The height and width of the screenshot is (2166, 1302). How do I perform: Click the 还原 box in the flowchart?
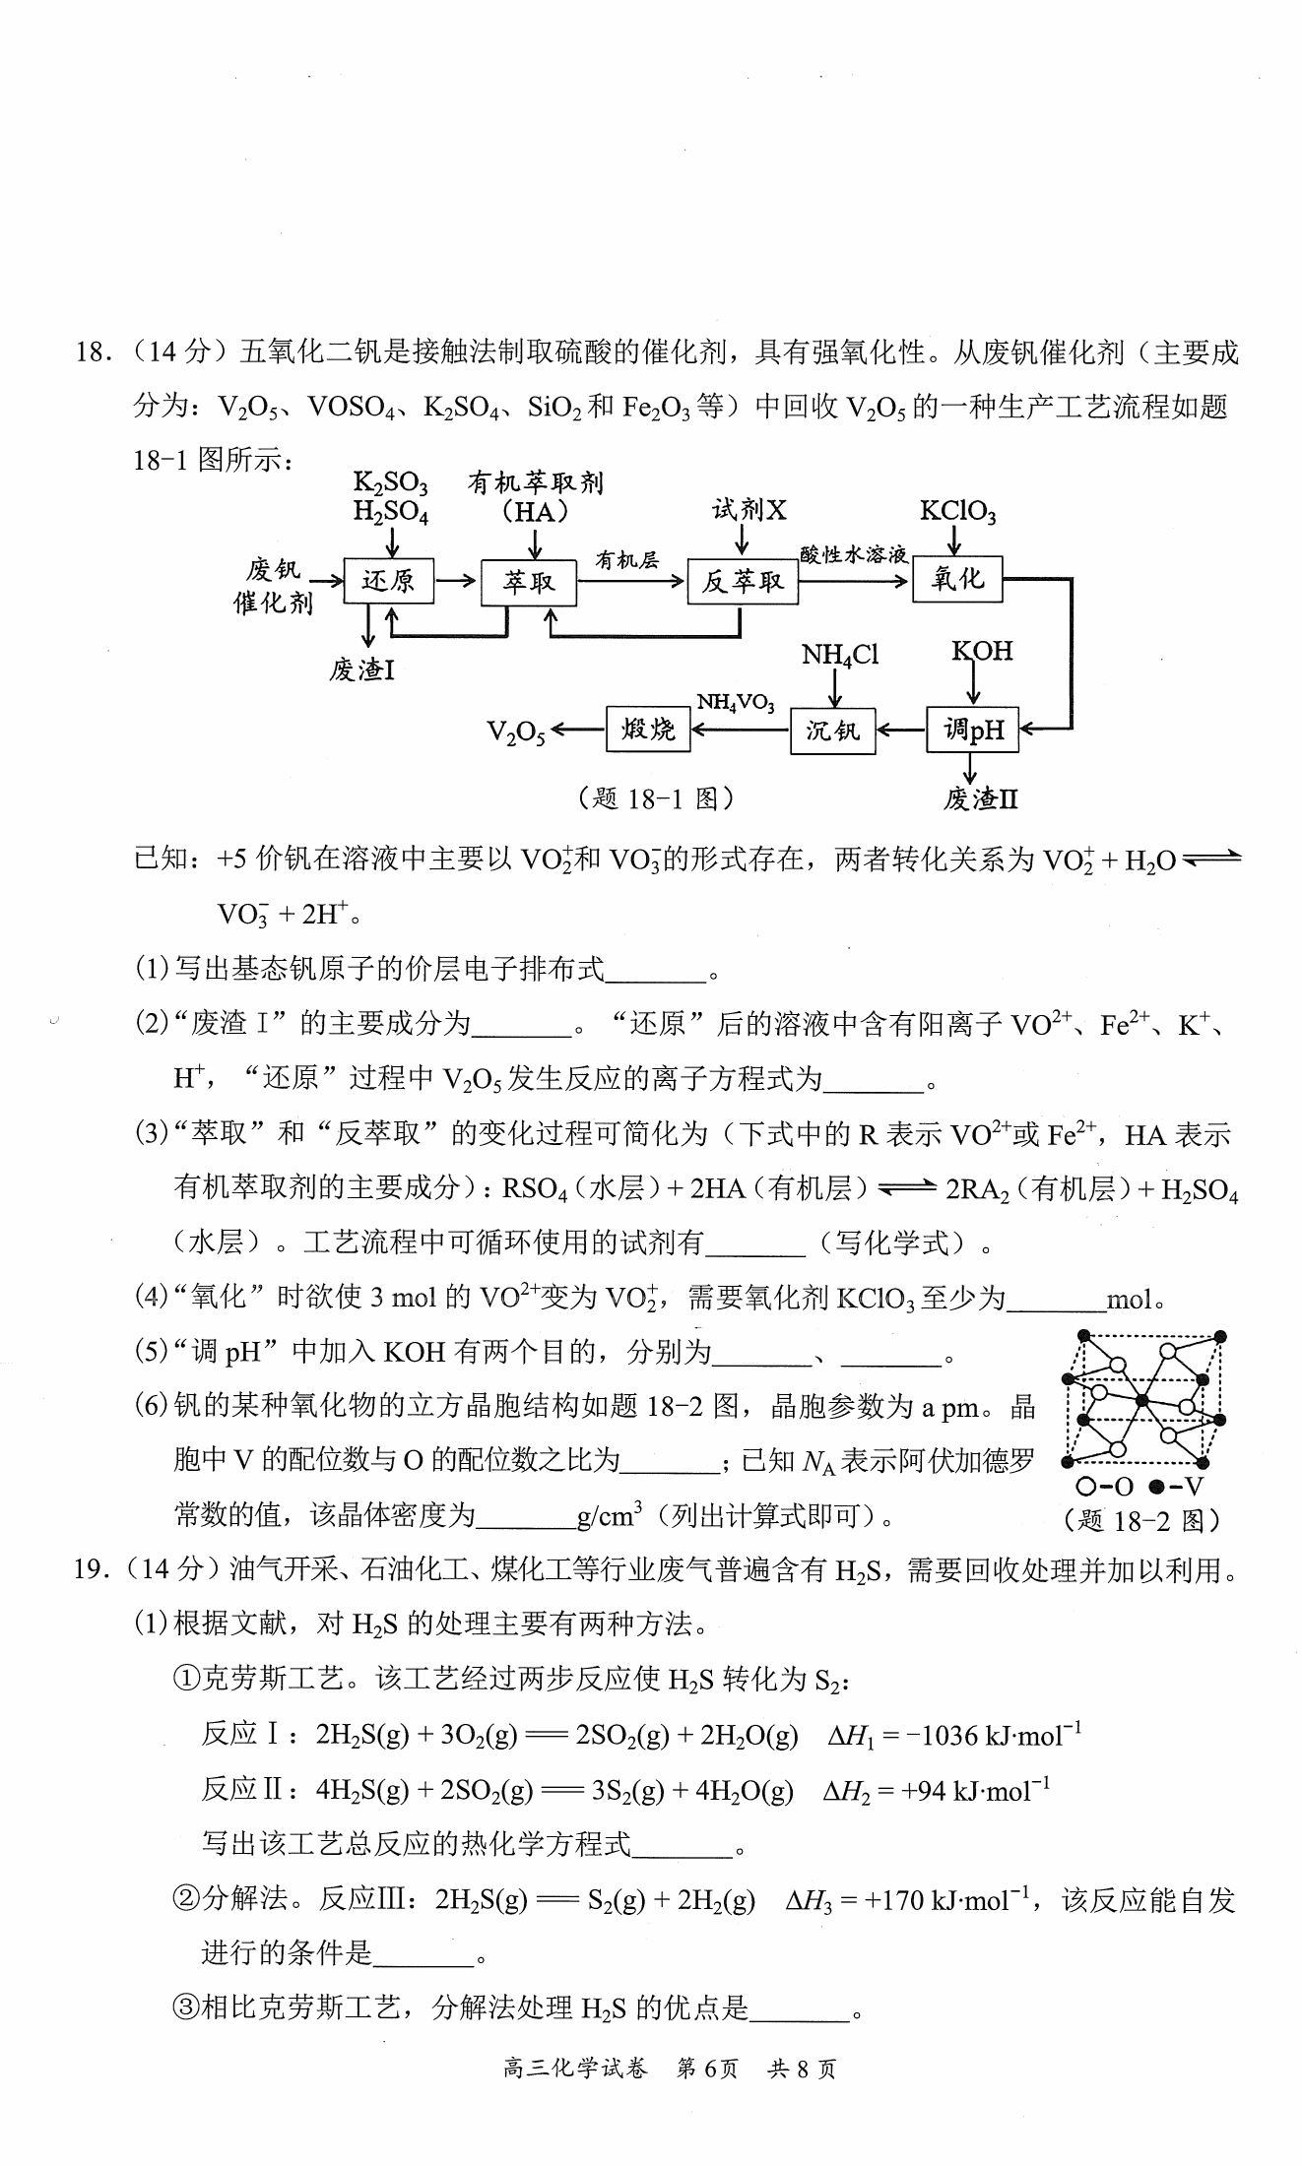(x=388, y=581)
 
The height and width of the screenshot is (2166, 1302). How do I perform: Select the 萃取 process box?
(x=529, y=583)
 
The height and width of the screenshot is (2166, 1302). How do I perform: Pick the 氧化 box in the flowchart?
(x=957, y=579)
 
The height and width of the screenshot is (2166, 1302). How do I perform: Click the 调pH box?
(x=972, y=730)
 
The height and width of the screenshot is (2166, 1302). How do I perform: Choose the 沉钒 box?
(x=832, y=731)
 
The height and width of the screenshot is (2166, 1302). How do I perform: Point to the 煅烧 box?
(x=648, y=730)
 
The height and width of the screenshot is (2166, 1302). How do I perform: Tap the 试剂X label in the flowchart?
(x=749, y=509)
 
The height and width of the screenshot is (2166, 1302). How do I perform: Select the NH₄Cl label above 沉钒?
(x=840, y=655)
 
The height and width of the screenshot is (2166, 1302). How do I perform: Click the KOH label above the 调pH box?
(x=982, y=651)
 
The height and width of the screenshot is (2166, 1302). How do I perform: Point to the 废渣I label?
(x=362, y=670)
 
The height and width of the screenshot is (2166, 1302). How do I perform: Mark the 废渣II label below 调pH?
(x=980, y=798)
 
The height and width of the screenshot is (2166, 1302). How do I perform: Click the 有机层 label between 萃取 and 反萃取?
(x=626, y=560)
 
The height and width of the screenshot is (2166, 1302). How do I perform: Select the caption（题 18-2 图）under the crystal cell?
(x=1142, y=1521)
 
